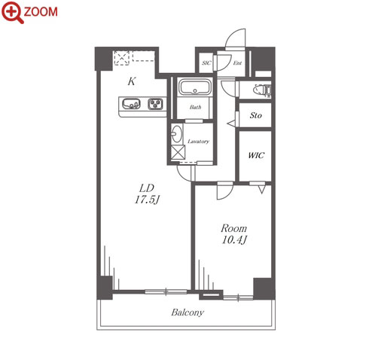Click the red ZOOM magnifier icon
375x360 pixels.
pyautogui.click(x=13, y=12)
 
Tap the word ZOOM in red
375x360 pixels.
pyautogui.click(x=41, y=12)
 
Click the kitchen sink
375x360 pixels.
pyautogui.click(x=131, y=104)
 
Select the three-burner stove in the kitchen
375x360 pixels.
pyautogui.click(x=155, y=104)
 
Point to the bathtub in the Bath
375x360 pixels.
pyautogui.click(x=195, y=87)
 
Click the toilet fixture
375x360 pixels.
pyautogui.click(x=262, y=90)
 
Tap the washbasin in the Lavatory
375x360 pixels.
pyautogui.click(x=176, y=133)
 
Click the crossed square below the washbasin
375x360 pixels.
pyautogui.click(x=178, y=152)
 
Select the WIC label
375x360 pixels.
pyautogui.click(x=256, y=155)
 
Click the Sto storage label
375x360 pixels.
pyautogui.click(x=256, y=115)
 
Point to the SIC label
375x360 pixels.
pyautogui.click(x=206, y=63)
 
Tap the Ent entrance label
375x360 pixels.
pyautogui.click(x=237, y=63)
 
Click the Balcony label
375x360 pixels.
pyautogui.click(x=187, y=313)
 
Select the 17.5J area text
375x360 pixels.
pyautogui.click(x=147, y=200)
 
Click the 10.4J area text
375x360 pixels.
pyautogui.click(x=234, y=240)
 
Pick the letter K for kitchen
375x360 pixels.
pyautogui.click(x=132, y=81)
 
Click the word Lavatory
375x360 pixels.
pyautogui.click(x=198, y=142)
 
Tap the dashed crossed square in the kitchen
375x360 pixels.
pyautogui.click(x=122, y=58)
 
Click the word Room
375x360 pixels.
pyautogui.click(x=233, y=228)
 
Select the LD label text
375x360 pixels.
pyautogui.click(x=147, y=188)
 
